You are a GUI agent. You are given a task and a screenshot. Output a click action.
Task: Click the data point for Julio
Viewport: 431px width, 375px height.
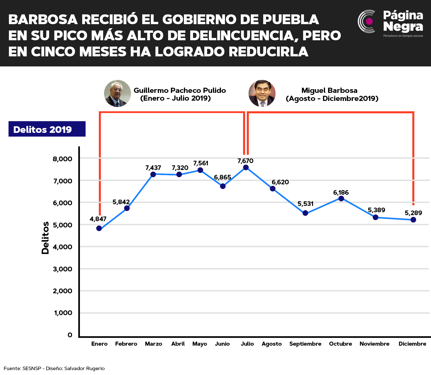pyautogui.click(x=246, y=167)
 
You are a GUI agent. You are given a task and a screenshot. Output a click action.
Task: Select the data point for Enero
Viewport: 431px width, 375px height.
pyautogui.click(x=99, y=228)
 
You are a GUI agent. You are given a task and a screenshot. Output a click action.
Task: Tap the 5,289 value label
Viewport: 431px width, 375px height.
pyautogui.click(x=413, y=213)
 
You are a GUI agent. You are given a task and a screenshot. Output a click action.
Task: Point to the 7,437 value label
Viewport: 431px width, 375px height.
pyautogui.click(x=153, y=168)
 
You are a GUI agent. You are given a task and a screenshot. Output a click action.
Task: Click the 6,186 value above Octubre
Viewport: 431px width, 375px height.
pyautogui.click(x=341, y=192)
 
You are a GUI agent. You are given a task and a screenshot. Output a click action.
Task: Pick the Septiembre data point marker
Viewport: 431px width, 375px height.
pyautogui.click(x=305, y=213)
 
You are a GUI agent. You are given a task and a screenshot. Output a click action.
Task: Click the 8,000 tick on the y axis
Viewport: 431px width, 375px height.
pyautogui.click(x=62, y=159)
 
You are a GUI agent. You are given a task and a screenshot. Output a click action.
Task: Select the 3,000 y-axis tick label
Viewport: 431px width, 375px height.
pyautogui.click(x=63, y=269)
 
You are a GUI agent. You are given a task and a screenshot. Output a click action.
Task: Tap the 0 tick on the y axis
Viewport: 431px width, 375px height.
pyautogui.click(x=70, y=335)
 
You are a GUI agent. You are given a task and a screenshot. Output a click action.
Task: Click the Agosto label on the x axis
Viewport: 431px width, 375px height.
pyautogui.click(x=272, y=344)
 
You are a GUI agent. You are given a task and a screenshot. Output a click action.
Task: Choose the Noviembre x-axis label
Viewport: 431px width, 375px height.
pyautogui.click(x=374, y=344)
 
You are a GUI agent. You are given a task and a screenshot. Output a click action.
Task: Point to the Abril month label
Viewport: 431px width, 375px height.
pyautogui.click(x=178, y=344)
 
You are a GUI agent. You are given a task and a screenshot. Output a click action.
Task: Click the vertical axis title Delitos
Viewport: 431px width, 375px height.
pyautogui.click(x=45, y=238)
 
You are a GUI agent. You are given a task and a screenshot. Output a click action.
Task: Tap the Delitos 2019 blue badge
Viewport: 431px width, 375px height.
pyautogui.click(x=47, y=129)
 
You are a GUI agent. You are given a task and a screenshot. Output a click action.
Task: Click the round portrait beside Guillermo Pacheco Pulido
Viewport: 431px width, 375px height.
pyautogui.click(x=117, y=93)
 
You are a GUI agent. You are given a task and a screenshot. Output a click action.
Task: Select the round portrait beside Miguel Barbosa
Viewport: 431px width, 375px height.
pyautogui.click(x=262, y=93)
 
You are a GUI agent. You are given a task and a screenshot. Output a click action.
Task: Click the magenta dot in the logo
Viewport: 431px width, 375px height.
pyautogui.click(x=369, y=21)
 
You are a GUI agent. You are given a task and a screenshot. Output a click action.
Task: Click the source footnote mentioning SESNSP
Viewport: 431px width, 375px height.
pyautogui.click(x=54, y=368)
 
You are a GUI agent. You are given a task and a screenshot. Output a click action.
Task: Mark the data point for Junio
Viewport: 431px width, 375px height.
pyautogui.click(x=223, y=186)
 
